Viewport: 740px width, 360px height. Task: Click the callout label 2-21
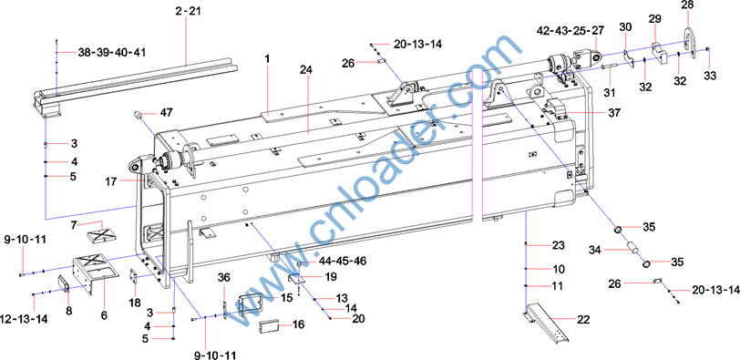tap(189, 11)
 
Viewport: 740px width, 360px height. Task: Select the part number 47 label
tap(166, 113)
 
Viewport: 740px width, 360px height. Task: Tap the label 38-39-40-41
tap(112, 52)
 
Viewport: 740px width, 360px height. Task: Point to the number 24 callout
tap(306, 70)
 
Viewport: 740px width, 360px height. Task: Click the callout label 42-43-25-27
tap(570, 31)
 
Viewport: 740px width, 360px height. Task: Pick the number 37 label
tap(615, 113)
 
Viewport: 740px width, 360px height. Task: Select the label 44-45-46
tap(343, 261)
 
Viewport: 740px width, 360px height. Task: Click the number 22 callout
tap(584, 319)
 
